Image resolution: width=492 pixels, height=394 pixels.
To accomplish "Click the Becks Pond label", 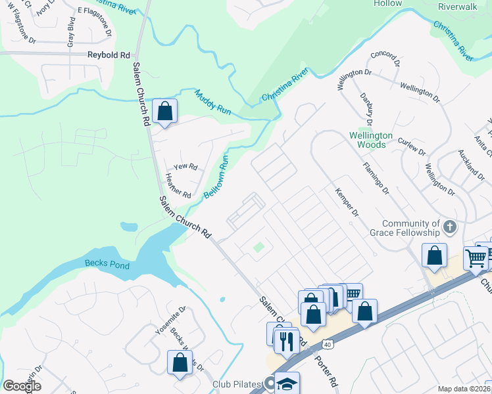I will (x=107, y=265).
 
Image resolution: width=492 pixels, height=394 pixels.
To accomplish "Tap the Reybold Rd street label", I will (x=110, y=56).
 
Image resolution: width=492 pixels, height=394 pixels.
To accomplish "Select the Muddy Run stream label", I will (x=212, y=103).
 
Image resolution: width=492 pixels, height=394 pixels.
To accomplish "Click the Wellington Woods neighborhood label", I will (x=370, y=140).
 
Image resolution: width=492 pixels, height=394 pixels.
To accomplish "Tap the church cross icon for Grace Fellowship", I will (x=449, y=228).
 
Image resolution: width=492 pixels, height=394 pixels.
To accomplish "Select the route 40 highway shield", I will (x=327, y=343).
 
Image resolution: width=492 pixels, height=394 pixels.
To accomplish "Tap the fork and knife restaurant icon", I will (x=285, y=341).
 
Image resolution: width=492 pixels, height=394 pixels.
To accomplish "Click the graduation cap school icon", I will (x=287, y=383).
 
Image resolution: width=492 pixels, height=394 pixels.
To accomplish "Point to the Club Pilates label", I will (x=237, y=383).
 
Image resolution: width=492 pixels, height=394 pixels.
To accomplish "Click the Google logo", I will (x=22, y=386).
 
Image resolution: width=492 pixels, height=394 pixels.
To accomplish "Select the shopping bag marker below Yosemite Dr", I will (x=180, y=362).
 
